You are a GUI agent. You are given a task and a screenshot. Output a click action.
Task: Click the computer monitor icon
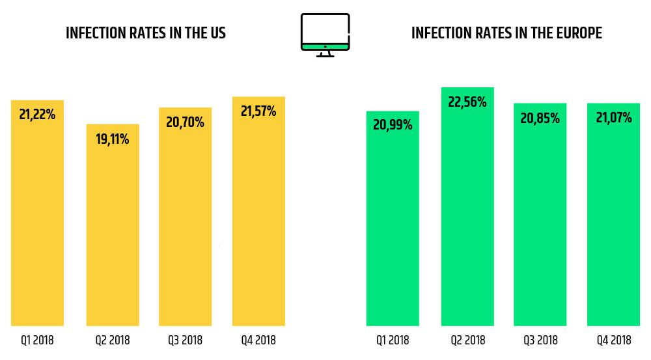tap(325, 34)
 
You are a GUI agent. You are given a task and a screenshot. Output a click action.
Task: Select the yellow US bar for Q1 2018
tap(38, 221)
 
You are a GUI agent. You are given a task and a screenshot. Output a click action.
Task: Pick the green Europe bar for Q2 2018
tap(467, 215)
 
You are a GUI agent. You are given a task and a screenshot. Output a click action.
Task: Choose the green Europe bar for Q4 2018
tap(613, 221)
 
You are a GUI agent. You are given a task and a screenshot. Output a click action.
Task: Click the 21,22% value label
tap(37, 115)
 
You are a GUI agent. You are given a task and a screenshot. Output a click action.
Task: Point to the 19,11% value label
tap(113, 139)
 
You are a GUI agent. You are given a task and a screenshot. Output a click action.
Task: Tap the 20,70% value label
tap(185, 122)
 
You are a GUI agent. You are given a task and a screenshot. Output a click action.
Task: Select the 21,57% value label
tap(258, 111)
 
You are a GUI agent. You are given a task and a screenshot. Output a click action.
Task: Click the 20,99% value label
tap(393, 125)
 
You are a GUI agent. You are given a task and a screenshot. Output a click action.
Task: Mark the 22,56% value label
tap(467, 102)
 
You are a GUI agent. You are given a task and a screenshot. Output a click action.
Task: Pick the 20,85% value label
tap(540, 118)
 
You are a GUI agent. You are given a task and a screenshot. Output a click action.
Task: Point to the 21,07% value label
tap(614, 118)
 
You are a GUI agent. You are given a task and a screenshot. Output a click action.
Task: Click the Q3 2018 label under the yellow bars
tap(185, 340)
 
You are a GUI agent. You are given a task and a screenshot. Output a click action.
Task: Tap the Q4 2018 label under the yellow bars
tap(258, 340)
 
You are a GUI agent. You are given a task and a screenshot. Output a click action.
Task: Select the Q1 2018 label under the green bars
tap(393, 340)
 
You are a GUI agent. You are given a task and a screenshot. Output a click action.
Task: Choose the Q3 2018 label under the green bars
tap(540, 340)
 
